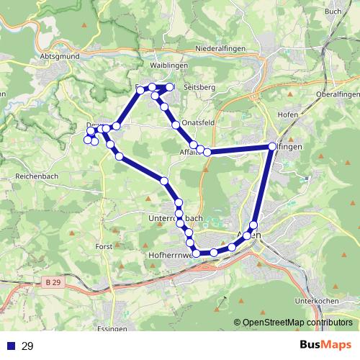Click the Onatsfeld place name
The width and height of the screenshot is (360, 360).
[x=199, y=123]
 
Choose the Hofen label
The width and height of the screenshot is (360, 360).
[x=287, y=114]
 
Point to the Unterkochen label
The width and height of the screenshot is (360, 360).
[x=317, y=302]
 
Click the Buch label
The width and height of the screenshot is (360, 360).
[x=333, y=11]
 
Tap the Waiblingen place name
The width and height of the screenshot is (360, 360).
[x=168, y=65]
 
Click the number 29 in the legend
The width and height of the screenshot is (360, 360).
[x=27, y=346]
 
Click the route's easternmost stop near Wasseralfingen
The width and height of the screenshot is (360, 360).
[x=272, y=146]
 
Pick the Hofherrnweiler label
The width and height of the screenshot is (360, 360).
[x=170, y=254]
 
